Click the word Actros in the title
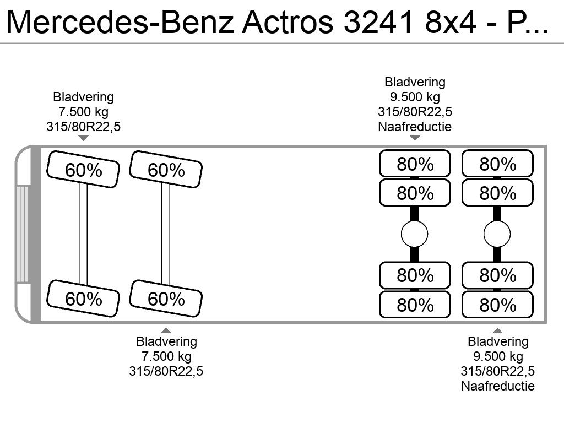click(288, 22)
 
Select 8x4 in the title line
click(451, 22)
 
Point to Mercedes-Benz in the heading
click(120, 22)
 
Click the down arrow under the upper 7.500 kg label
click(83, 138)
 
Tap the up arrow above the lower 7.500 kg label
click(166, 330)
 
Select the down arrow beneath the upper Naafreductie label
click(415, 138)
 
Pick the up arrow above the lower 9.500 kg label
click(497, 330)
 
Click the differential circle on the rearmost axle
click(497, 234)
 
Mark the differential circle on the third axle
click(414, 234)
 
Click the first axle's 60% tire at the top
click(83, 170)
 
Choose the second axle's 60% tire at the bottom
click(166, 299)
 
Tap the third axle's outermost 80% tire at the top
click(415, 164)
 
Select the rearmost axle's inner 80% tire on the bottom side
click(497, 275)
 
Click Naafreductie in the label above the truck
click(415, 127)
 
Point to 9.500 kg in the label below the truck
click(498, 356)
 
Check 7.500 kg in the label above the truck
click(83, 112)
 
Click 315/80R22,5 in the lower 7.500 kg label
click(166, 371)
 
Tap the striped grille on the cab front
click(23, 234)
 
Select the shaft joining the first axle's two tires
click(83, 234)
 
